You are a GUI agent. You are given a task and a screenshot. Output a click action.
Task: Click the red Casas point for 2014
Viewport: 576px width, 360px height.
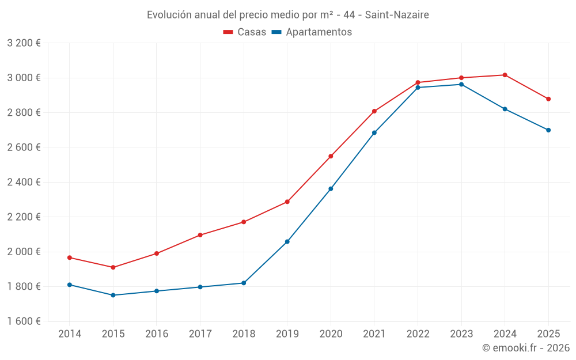70,257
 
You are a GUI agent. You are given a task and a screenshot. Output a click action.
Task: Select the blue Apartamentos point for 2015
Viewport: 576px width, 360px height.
113,295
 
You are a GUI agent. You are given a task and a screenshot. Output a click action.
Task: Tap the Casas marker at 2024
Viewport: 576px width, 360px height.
505,75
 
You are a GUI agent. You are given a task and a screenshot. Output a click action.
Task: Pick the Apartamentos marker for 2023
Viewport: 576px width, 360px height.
461,85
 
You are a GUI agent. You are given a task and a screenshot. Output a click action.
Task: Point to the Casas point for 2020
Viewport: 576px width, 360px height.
331,156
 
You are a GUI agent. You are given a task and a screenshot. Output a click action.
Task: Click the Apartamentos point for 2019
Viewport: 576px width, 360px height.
287,241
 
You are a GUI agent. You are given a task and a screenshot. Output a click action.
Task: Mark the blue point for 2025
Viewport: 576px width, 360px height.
548,130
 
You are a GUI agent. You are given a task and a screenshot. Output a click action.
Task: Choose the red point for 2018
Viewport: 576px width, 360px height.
244,222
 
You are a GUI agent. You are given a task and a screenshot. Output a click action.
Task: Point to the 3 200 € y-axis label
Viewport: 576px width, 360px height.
24,43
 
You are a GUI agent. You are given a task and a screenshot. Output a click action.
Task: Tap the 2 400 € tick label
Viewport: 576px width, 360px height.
24,183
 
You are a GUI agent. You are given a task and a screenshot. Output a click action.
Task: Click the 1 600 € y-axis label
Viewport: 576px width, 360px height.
24,321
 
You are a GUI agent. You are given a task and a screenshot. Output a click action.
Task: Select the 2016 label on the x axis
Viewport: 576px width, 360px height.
157,334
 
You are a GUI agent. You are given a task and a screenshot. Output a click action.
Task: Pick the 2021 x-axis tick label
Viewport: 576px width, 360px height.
374,334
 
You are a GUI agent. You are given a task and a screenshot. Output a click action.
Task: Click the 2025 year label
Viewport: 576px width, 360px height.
548,334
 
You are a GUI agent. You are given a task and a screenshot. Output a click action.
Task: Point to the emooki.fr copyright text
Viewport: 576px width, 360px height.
526,348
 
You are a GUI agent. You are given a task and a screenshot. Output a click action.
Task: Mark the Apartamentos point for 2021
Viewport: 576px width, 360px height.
374,132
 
